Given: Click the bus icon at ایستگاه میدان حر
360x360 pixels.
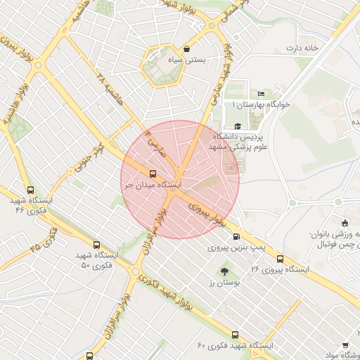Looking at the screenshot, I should pyautogui.click(x=153, y=173).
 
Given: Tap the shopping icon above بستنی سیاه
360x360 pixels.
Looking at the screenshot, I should pyautogui.click(x=186, y=49).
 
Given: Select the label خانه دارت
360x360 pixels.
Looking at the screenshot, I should pyautogui.click(x=302, y=48).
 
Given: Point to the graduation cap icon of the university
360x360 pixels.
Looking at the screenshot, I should pyautogui.click(x=238, y=126).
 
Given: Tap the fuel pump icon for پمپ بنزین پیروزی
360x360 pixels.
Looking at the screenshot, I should pyautogui.click(x=236, y=236).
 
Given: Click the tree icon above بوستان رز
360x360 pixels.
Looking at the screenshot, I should pyautogui.click(x=224, y=271).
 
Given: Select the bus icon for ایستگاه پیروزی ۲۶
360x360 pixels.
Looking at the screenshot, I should pyautogui.click(x=281, y=258).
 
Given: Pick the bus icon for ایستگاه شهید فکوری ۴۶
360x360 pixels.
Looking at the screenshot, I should pyautogui.click(x=30, y=190).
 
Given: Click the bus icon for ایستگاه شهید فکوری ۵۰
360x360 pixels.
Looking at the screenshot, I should pyautogui.click(x=96, y=245).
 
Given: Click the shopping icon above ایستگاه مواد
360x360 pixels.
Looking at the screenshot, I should pyautogui.click(x=345, y=345).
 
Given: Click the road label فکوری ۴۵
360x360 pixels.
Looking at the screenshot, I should pyautogui.click(x=46, y=241).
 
